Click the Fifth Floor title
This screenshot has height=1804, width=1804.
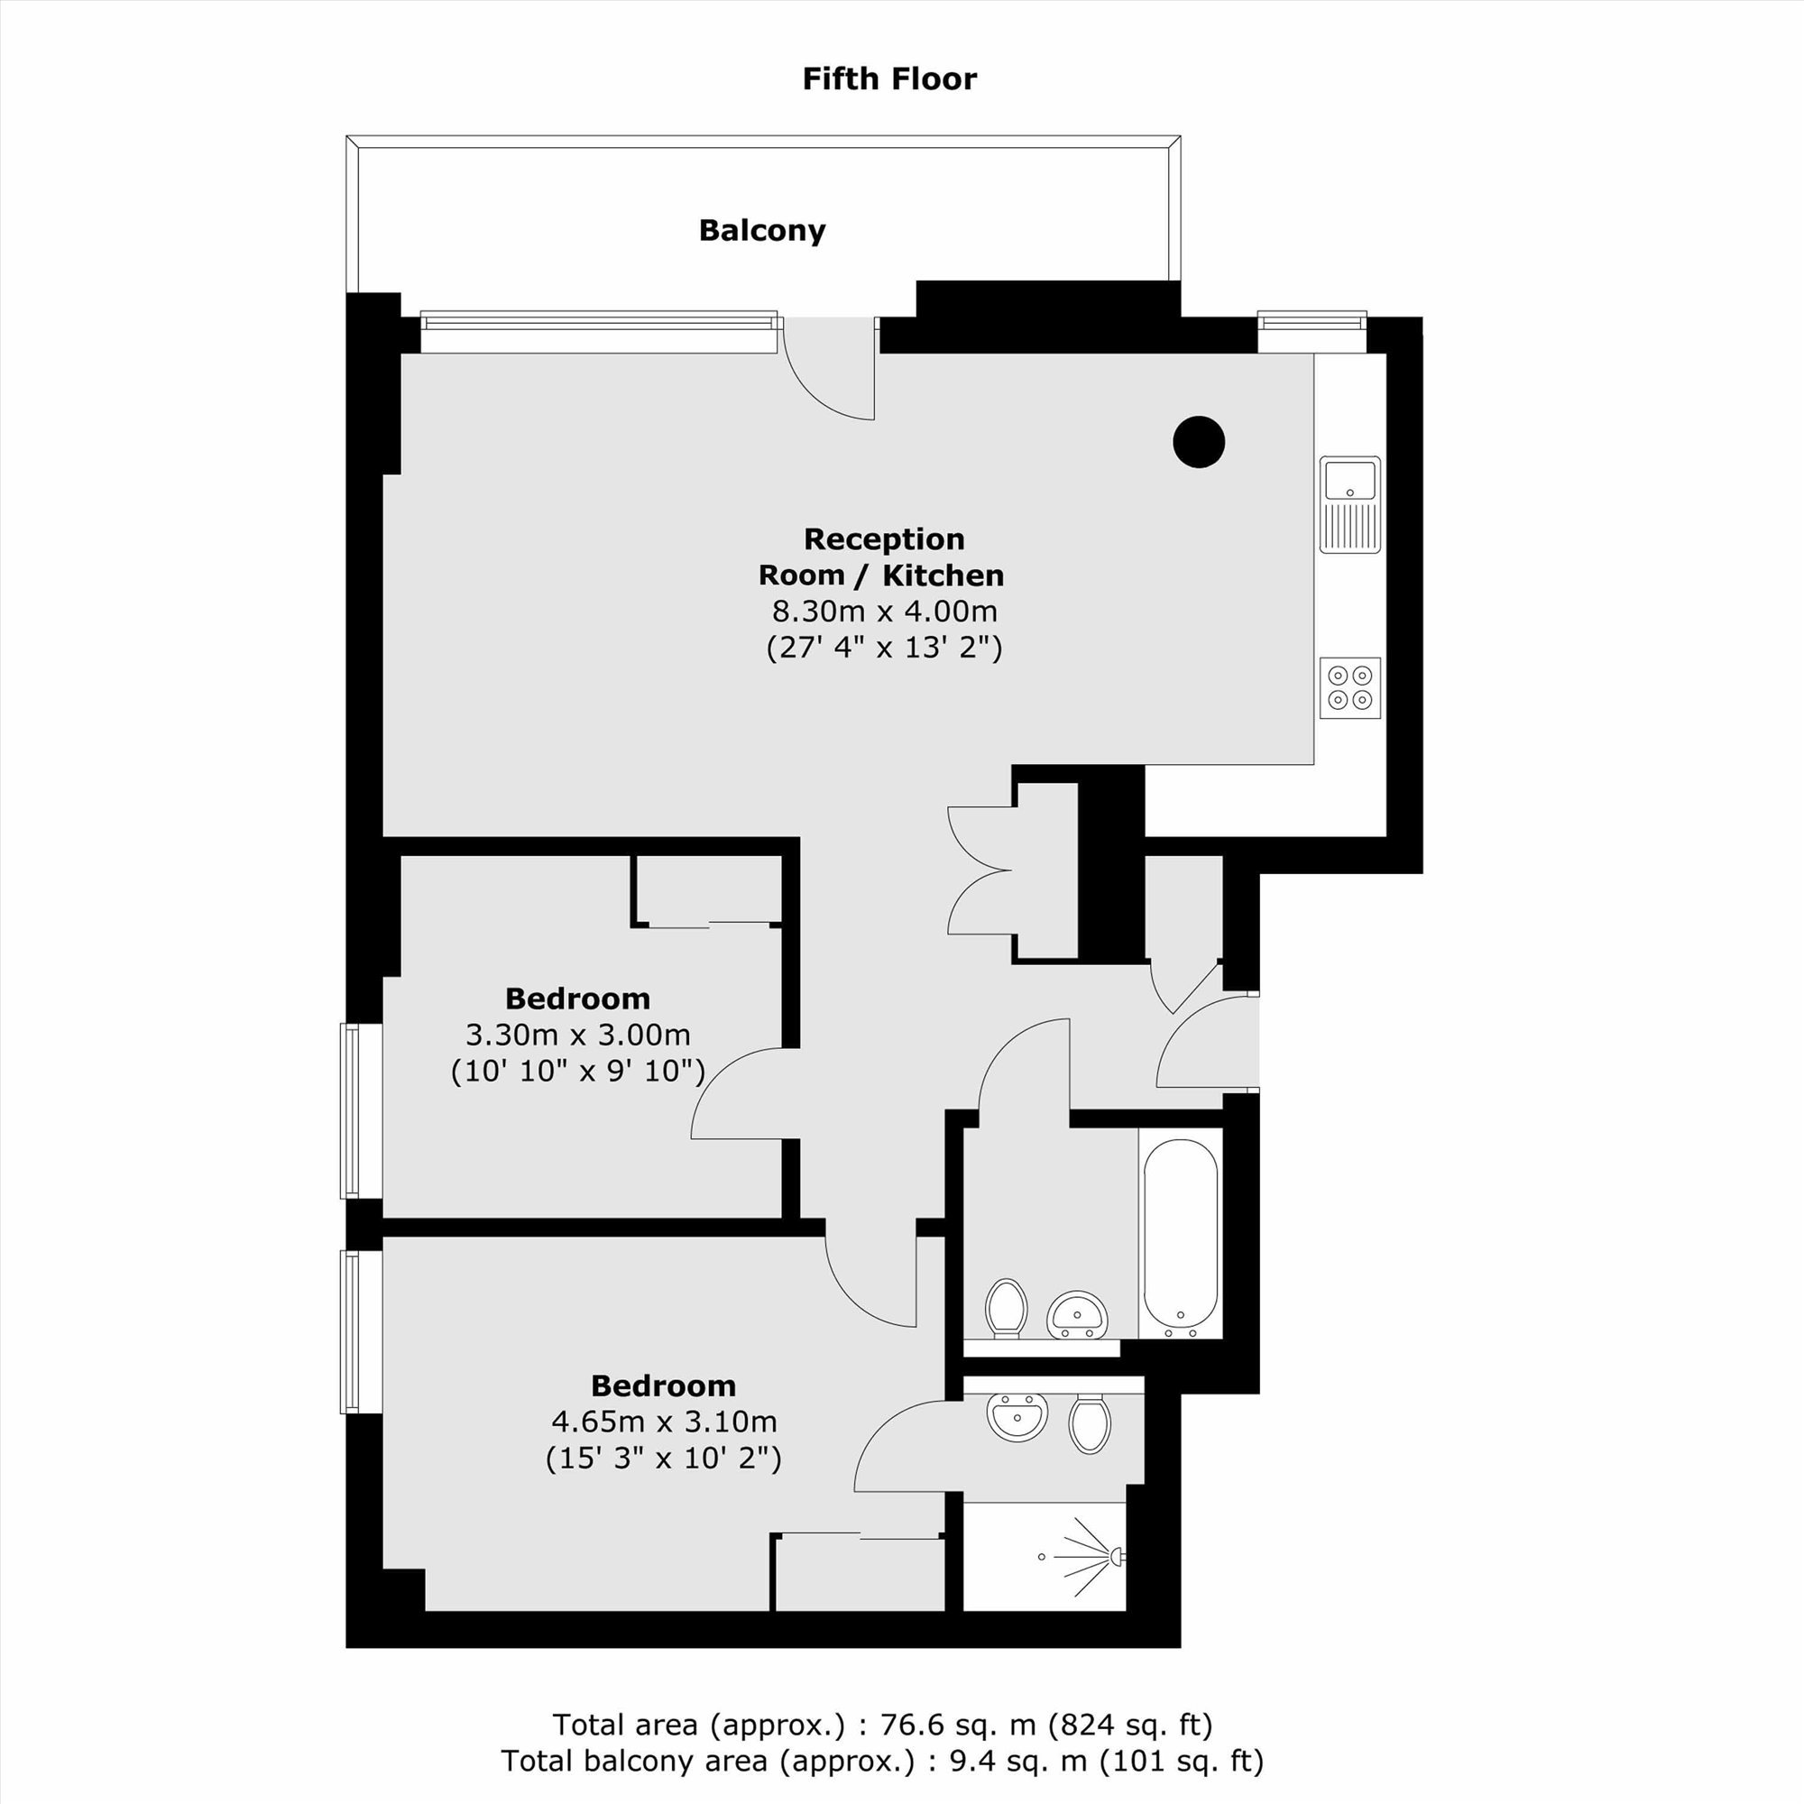click(889, 79)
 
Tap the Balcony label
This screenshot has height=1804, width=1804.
click(762, 231)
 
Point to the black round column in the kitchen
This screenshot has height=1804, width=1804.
click(1199, 442)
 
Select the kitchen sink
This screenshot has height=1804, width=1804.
click(1350, 504)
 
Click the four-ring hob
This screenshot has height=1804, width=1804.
click(1350, 687)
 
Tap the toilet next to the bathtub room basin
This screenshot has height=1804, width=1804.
click(1007, 1307)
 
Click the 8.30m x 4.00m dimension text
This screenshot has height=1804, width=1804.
click(884, 612)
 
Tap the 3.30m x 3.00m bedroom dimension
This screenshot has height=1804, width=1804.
click(578, 1035)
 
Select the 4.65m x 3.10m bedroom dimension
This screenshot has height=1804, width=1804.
click(664, 1422)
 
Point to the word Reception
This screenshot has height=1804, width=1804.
click(884, 539)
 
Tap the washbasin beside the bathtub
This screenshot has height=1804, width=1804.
click(1078, 1314)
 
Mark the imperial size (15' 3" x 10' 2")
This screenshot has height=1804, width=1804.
click(664, 1459)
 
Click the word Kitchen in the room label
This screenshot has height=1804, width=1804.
click(943, 575)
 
